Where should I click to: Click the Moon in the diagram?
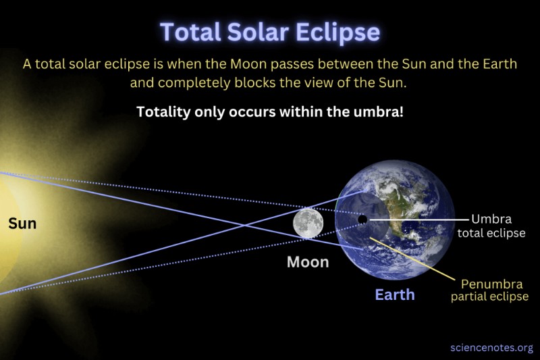coord(308,223)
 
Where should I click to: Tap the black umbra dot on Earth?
coord(362,219)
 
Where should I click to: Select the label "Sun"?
coord(22,224)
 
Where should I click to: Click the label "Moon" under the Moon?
coord(308,262)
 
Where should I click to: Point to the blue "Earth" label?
coord(395,295)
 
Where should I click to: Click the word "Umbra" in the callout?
coord(491,219)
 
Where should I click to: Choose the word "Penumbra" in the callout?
coord(492,284)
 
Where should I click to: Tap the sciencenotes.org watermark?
coord(492,348)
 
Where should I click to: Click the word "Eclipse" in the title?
coord(338,32)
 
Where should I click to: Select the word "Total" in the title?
coord(190,32)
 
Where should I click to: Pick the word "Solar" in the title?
coord(258,32)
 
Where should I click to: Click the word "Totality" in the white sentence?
coord(163,112)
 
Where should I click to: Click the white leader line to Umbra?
coord(419,219)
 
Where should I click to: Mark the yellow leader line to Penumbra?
coord(412,259)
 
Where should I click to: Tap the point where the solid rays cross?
coord(245,226)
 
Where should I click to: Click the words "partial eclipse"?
coord(490,297)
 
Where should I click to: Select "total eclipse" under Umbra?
coord(491,233)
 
